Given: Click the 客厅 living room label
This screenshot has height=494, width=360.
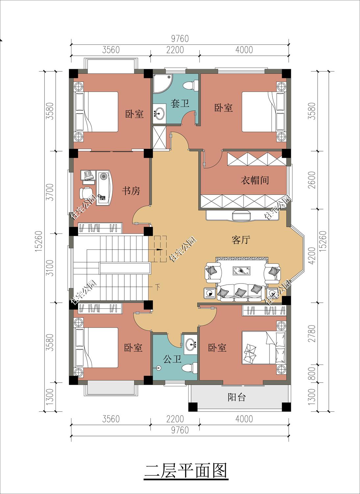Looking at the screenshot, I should pyautogui.click(x=241, y=240).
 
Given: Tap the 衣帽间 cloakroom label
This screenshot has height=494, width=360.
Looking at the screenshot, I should pyautogui.click(x=255, y=180).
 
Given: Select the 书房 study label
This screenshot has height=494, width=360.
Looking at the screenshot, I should pyautogui.click(x=131, y=190).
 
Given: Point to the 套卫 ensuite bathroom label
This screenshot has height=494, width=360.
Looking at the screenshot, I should pyautogui.click(x=180, y=104).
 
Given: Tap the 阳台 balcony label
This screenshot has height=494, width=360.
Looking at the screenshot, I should pyautogui.click(x=237, y=397).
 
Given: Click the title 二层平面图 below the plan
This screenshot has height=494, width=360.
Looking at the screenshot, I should pyautogui.click(x=186, y=471).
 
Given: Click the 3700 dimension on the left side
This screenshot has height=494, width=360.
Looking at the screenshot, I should pyautogui.click(x=50, y=192).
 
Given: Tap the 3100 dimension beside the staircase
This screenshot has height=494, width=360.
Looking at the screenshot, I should pyautogui.click(x=50, y=268).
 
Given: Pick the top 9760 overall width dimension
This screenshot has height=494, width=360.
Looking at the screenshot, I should pyautogui.click(x=180, y=39).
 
